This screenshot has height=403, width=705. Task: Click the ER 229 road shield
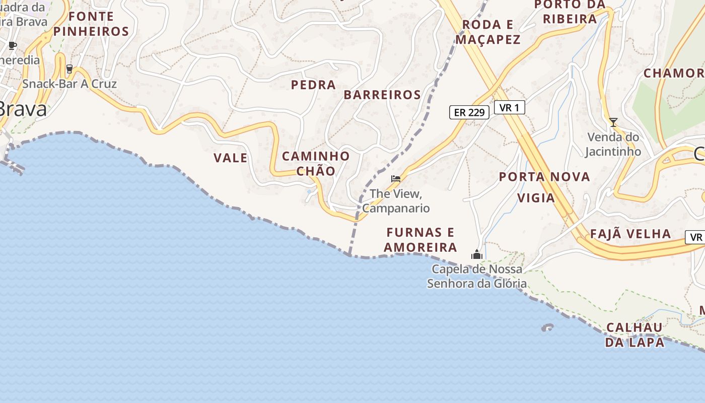tap(469, 112)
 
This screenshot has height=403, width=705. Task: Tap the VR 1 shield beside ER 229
tap(509, 107)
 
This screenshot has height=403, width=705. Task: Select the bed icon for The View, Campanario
tap(396, 179)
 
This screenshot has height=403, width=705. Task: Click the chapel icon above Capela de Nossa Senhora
tap(476, 255)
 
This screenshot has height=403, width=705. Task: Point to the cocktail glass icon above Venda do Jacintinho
tap(613, 122)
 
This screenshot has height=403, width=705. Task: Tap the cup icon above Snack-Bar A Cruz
tap(69, 69)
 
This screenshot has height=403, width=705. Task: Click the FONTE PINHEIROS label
tap(91, 24)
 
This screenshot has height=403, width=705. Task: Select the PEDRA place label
tap(313, 85)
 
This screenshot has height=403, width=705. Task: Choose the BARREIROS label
tap(382, 95)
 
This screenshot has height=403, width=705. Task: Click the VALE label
tap(231, 158)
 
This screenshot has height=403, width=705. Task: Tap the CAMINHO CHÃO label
tap(316, 163)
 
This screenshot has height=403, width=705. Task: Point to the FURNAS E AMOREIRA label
tap(421, 240)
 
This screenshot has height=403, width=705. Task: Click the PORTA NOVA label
tap(544, 177)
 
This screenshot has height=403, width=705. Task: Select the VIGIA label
tap(536, 198)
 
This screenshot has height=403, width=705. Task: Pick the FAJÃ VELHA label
tap(630, 234)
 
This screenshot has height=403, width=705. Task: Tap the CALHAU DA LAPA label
tap(634, 335)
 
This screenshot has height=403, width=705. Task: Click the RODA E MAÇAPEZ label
tap(488, 32)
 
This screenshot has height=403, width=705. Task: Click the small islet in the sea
tap(547, 327)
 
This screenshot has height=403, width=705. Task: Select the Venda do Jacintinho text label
tap(613, 144)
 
